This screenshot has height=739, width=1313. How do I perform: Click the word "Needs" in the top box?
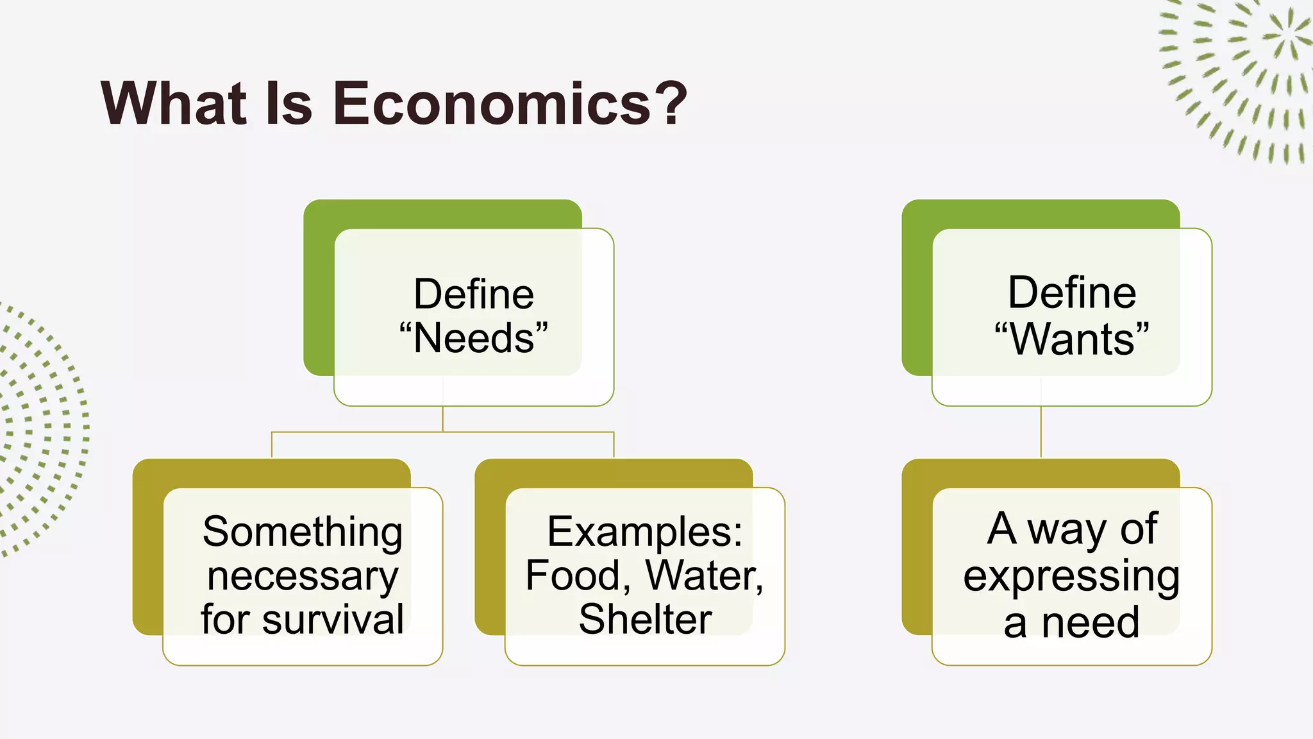coord(474,338)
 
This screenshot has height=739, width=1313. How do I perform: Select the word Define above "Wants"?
coord(1072,293)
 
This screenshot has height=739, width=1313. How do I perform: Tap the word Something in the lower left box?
coord(303,532)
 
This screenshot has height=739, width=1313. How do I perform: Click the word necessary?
coord(303,575)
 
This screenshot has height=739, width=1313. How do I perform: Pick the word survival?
coord(333,619)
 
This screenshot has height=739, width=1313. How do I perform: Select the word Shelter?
coord(645,619)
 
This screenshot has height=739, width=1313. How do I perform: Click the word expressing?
coord(1071,575)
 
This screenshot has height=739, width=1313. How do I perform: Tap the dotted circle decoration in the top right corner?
coord(1244,77)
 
